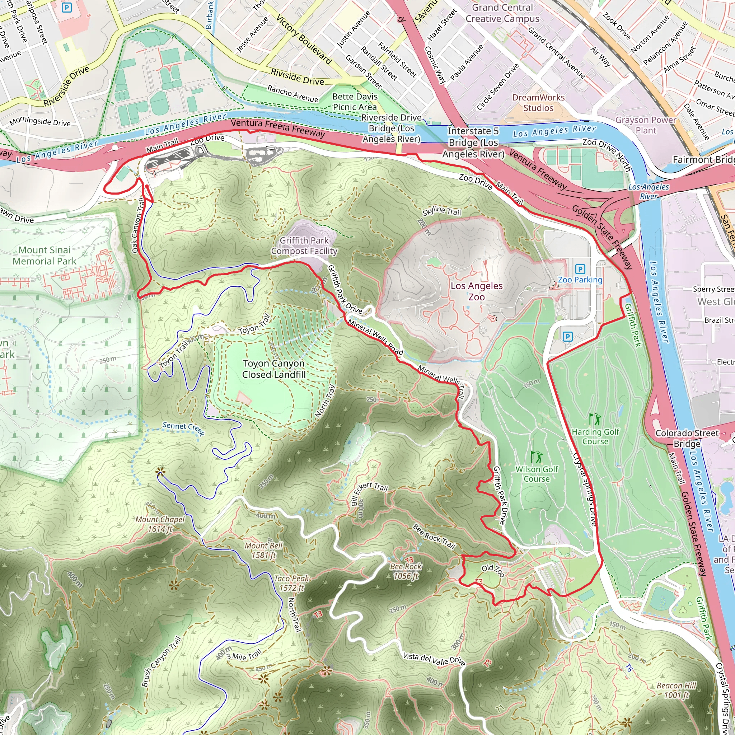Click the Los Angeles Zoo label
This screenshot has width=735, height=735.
tap(476, 291)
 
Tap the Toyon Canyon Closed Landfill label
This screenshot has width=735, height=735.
tap(273, 369)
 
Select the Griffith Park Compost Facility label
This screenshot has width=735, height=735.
tap(304, 245)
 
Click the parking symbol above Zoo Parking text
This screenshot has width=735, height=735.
tap(580, 269)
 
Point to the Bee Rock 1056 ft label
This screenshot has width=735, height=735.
tap(406, 571)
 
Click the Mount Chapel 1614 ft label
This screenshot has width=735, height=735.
tap(160, 524)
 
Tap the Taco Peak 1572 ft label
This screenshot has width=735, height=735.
tap(291, 583)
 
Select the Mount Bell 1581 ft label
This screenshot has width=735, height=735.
tap(263, 550)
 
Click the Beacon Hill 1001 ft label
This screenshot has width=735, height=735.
tap(676, 690)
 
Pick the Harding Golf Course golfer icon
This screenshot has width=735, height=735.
tap(594, 419)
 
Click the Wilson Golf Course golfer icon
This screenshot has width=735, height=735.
tap(536, 457)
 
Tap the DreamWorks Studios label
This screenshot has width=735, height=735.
tap(538, 103)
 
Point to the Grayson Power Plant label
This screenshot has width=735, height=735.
tap(646, 125)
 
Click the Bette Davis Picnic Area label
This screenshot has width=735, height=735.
tap(355, 102)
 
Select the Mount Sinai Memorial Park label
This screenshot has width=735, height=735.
tap(45, 255)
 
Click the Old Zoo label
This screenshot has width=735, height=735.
tap(493, 570)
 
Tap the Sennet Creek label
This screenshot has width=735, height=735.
tap(183, 429)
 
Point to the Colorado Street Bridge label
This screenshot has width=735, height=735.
tap(687, 438)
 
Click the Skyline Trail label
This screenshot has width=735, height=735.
tap(442, 210)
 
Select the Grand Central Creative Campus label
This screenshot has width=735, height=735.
tap(502, 13)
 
